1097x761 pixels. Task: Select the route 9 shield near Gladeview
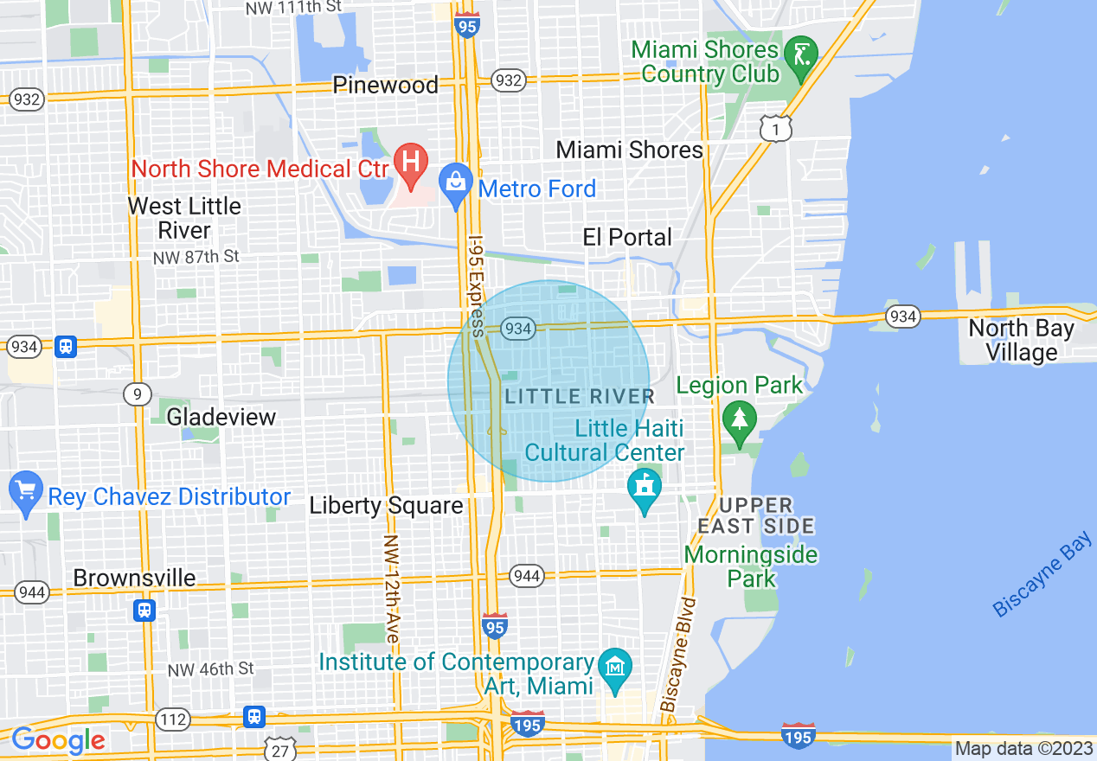[x=137, y=395]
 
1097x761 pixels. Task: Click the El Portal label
[x=627, y=237]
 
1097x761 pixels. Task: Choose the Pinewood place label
[x=386, y=85]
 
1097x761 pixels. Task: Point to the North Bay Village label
[x=1021, y=341]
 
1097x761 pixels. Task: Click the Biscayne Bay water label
[x=1042, y=578]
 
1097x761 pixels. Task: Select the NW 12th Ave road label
[x=390, y=589]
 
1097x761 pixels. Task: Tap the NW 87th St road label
[x=196, y=258]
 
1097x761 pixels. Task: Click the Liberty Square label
[x=386, y=506]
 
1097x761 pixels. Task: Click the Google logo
[x=58, y=740]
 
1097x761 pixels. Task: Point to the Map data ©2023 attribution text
[x=1022, y=749]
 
